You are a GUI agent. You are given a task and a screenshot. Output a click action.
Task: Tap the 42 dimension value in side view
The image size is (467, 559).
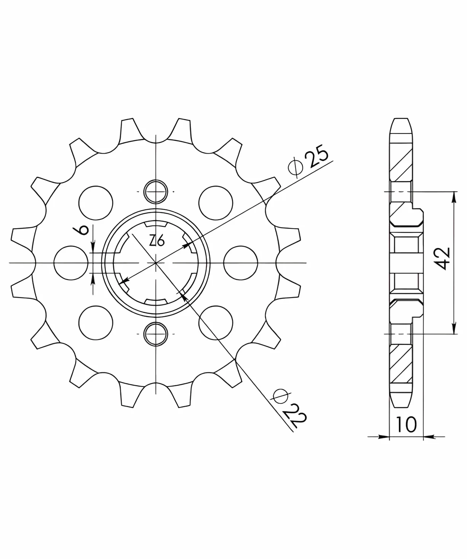coord(443,258)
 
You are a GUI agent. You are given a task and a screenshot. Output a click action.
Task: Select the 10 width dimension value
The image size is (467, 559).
coord(406,425)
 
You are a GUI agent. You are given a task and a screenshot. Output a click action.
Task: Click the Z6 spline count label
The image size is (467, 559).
coord(157,241)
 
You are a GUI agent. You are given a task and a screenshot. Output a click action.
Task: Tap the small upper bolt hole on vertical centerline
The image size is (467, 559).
coord(155,192)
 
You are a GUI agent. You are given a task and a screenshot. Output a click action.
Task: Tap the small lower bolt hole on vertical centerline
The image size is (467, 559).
coord(155,334)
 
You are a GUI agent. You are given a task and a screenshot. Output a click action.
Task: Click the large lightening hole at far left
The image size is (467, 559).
coord(71,263)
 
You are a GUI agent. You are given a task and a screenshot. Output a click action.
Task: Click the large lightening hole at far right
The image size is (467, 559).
coord(241,263)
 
